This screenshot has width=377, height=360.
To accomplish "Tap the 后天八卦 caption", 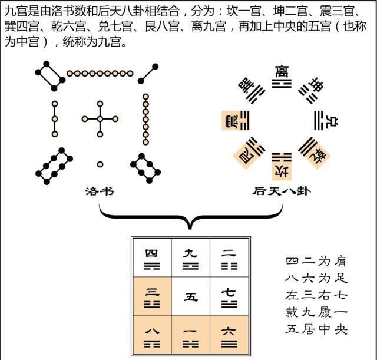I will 281,191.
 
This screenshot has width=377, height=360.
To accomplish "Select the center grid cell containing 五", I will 190,297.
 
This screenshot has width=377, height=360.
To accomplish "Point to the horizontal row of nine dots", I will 99,73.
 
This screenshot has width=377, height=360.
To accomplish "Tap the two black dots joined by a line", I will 147,74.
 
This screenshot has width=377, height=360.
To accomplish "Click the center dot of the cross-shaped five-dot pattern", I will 100,119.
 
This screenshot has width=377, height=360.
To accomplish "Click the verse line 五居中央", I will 316,329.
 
